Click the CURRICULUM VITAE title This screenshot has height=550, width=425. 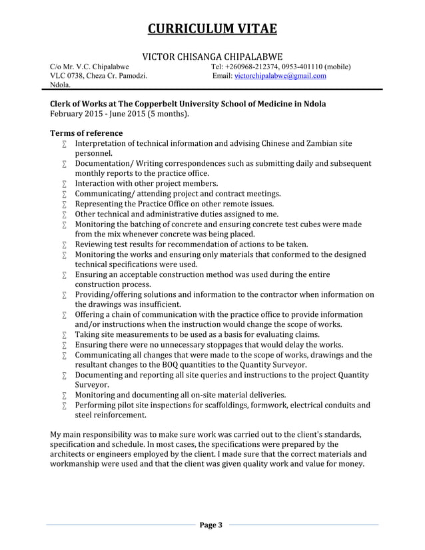212,29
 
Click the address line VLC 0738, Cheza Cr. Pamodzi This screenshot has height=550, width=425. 100,77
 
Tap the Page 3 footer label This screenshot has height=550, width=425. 212,526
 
